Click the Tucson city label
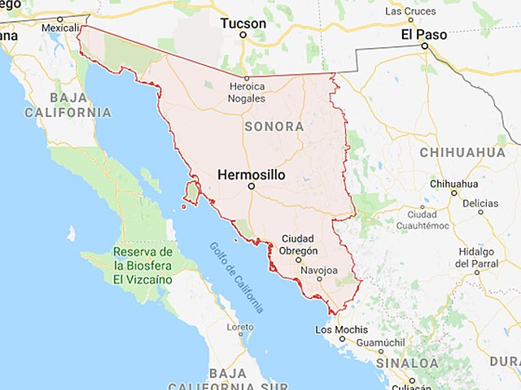click(243, 24)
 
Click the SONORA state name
click(274, 127)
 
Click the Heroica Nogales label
click(247, 92)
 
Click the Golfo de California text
click(236, 277)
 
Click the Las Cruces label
click(409, 11)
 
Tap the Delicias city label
click(479, 203)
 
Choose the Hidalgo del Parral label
click(477, 258)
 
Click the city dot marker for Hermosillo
click(251, 186)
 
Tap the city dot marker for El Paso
click(424, 46)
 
